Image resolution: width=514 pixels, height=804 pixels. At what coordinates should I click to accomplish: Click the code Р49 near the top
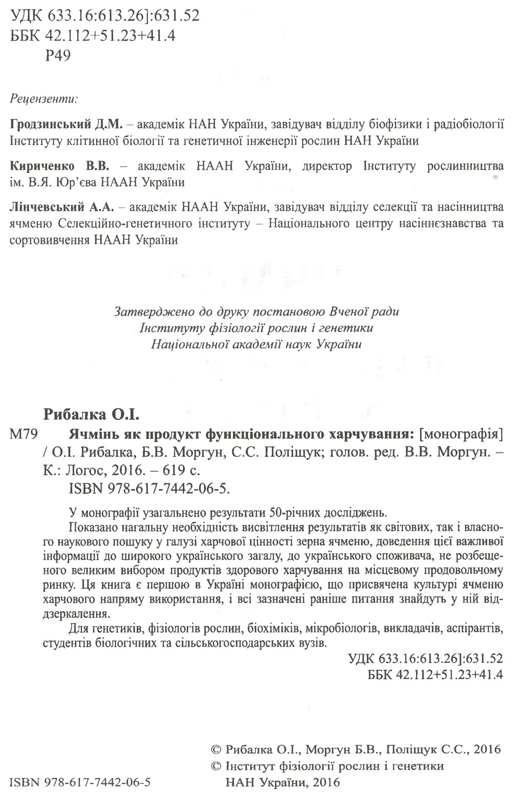pos(58,56)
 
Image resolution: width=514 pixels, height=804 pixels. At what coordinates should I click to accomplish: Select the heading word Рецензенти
pos(44,98)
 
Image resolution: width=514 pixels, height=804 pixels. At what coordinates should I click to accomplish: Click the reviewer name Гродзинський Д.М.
pos(65,125)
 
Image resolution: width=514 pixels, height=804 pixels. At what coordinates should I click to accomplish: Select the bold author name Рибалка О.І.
pos(92,414)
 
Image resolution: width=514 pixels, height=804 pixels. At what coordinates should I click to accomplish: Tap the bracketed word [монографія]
pos(460,434)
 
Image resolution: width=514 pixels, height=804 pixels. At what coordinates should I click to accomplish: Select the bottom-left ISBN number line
pos(80,783)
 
